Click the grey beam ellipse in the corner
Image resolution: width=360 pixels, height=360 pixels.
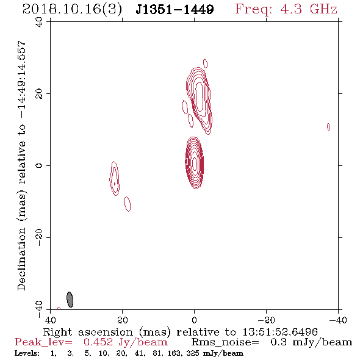pos(70,300)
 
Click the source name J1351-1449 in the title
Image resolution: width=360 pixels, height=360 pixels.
pos(175,9)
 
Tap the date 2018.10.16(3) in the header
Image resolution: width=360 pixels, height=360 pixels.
pos(73,10)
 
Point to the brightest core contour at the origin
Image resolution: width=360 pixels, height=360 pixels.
pos(195,163)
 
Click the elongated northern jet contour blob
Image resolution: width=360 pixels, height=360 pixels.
pos(200,100)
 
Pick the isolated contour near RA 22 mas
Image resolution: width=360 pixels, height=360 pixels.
pos(114,178)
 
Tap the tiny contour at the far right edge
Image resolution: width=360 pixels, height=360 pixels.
pos(328,127)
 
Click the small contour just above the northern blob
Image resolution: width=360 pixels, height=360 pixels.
pos(205,63)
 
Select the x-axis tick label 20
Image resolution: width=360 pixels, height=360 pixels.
pos(123,320)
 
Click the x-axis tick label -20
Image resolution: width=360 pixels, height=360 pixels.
pos(266,320)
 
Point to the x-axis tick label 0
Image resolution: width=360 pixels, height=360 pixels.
pos(195,320)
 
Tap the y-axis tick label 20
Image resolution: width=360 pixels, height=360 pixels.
pos(39,94)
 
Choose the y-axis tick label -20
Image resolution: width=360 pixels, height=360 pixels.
pos(39,237)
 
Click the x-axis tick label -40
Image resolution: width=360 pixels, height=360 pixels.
pos(338,320)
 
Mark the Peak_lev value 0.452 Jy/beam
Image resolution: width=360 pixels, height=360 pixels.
pos(125,342)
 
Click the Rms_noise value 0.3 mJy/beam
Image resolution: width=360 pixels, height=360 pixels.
pos(311,342)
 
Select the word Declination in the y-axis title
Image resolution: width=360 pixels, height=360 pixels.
pos(21,259)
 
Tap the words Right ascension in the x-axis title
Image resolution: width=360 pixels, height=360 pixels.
pos(88,332)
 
